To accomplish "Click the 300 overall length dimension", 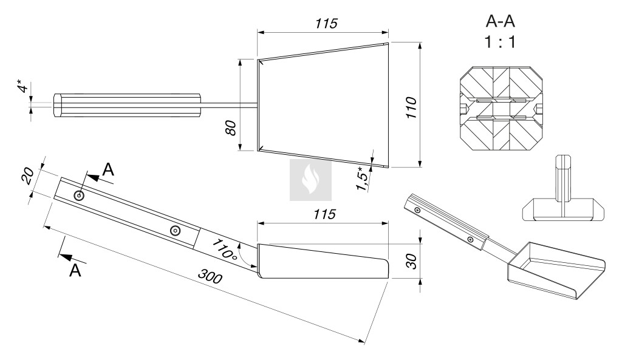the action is (210, 276).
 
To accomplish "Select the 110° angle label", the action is (224, 249).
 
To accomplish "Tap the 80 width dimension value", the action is (231, 127).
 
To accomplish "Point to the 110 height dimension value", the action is (412, 107).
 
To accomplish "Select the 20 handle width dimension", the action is (27, 175).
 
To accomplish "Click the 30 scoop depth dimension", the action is (412, 261).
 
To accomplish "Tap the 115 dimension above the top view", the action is (326, 24).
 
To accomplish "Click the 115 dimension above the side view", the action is (324, 214).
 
